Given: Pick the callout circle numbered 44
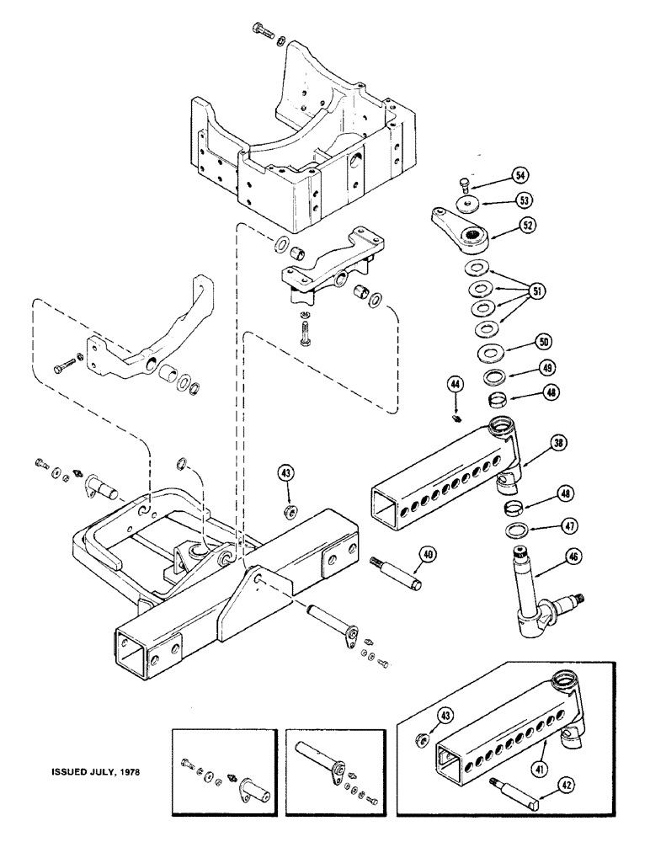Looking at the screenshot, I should click(456, 384).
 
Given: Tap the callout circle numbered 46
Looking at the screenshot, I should click(553, 557).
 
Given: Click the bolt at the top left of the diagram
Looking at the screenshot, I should click(264, 35).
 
